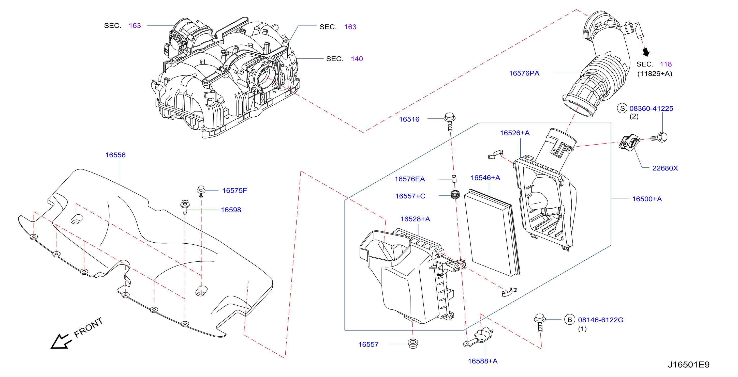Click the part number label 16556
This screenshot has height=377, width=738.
coord(115,155)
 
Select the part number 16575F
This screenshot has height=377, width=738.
coord(234,190)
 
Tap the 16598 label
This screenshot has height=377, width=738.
coord(231,210)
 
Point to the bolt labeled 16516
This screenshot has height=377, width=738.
coord(450,121)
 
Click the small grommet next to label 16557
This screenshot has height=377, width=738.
coord(412,343)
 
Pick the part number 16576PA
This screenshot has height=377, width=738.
coord(524,73)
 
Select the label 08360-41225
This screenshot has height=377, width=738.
coord(651,108)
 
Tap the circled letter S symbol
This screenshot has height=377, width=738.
coord(622,108)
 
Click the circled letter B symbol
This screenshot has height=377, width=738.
coord(570,320)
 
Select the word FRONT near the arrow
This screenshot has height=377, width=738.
coord(88,327)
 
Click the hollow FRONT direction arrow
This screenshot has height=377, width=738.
coord(61,341)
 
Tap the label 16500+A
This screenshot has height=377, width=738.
coord(647,199)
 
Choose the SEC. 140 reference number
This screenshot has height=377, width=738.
coord(357,59)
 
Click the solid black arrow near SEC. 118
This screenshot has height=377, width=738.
coord(646,52)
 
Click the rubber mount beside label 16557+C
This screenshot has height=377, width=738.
coord(455,195)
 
